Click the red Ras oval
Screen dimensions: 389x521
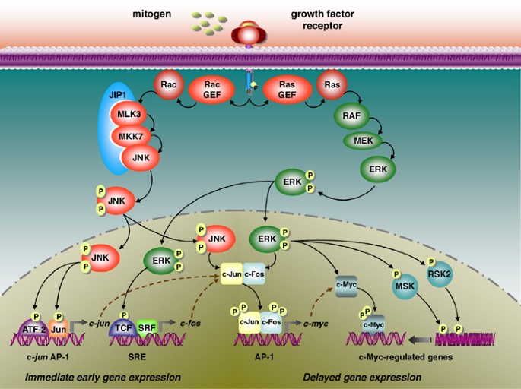(x=332, y=85)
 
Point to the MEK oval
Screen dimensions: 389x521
(x=363, y=141)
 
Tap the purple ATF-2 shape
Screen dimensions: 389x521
(x=34, y=329)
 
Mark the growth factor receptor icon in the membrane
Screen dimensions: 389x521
(x=250, y=35)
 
